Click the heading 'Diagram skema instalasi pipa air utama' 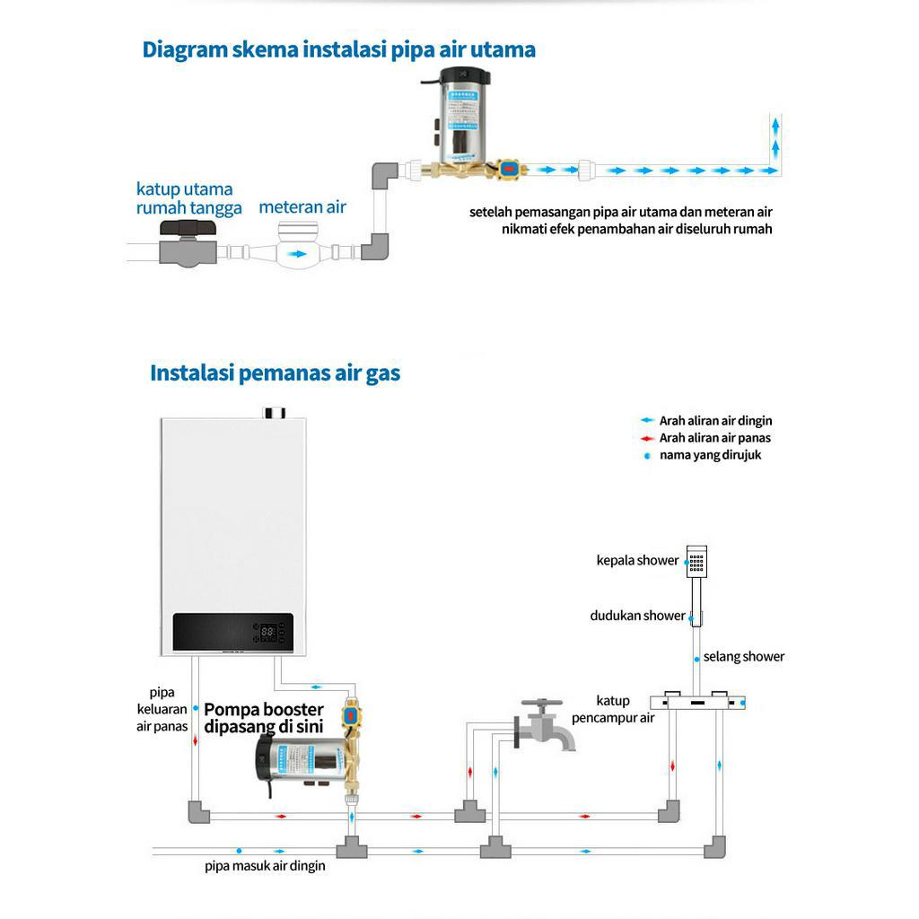[x=338, y=49]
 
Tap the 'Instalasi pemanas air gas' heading [x=275, y=373]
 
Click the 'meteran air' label [x=302, y=207]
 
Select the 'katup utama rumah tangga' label [x=188, y=198]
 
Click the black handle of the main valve [x=188, y=229]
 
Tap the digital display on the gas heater [x=267, y=632]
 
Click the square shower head [x=696, y=560]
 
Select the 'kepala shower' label [x=637, y=561]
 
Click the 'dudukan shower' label [x=637, y=616]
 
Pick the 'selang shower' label [x=744, y=657]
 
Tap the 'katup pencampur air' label [x=614, y=709]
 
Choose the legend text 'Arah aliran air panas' [x=714, y=438]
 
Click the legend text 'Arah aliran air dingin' [x=715, y=421]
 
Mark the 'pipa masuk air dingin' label [x=265, y=866]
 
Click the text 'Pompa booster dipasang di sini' [x=263, y=718]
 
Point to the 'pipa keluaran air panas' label [x=162, y=709]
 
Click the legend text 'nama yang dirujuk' [x=710, y=455]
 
